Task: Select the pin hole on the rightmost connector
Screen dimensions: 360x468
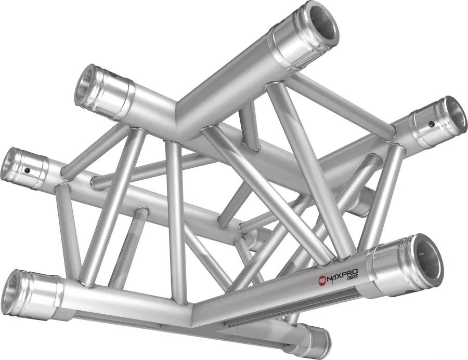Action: pyautogui.click(x=431, y=124)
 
